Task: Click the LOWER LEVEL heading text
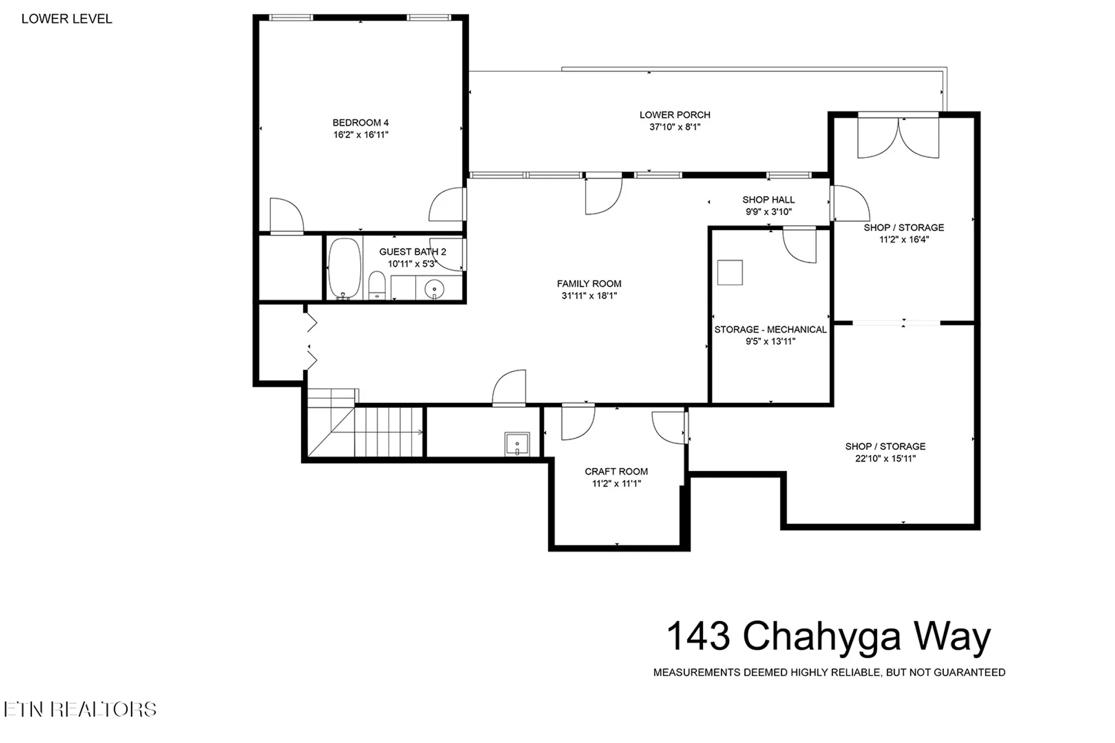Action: click(x=66, y=19)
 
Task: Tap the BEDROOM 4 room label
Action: click(x=360, y=123)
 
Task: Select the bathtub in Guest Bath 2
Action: click(x=344, y=268)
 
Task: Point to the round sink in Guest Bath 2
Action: click(x=434, y=289)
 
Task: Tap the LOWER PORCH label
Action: click(x=675, y=115)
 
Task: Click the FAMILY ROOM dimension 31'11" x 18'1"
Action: click(x=589, y=296)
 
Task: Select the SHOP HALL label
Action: click(x=768, y=200)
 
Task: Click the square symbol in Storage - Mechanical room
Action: click(x=730, y=273)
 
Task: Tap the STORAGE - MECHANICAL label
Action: click(x=770, y=329)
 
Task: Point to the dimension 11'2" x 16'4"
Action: click(x=904, y=240)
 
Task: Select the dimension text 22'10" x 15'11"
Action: click(x=885, y=459)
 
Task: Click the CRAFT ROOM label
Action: click(x=616, y=472)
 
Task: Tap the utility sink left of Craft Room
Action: click(x=517, y=444)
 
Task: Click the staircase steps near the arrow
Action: click(x=388, y=432)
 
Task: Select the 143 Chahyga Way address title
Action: click(x=828, y=636)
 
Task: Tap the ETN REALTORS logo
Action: click(x=80, y=709)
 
